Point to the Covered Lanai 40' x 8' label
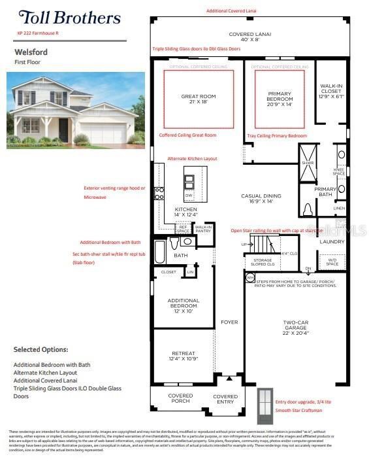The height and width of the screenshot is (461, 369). coord(249,37)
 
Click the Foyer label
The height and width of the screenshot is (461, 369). coord(229,322)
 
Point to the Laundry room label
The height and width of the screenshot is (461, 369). coord(332,241)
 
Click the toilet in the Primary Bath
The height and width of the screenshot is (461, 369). coord(308,209)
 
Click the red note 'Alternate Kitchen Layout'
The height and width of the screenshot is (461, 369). coord(192,159)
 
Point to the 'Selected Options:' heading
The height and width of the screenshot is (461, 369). coord(40,350)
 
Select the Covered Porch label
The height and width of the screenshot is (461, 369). coord(180,398)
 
